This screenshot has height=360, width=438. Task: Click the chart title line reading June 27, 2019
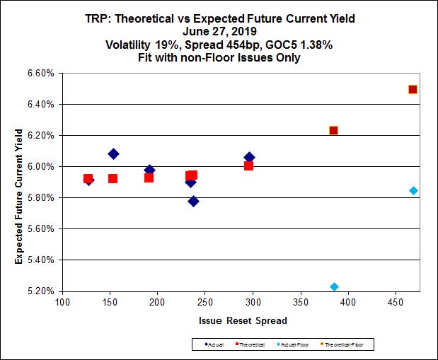coord(219,32)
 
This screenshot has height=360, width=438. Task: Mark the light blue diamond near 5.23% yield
coord(334,286)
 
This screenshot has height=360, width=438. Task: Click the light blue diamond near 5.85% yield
coord(413,190)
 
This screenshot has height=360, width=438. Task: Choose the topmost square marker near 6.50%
coord(413,89)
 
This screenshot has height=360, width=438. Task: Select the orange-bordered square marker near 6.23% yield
coord(333,130)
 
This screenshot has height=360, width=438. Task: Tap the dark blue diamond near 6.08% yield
coord(113,153)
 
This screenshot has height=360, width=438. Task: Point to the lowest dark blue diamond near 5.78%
coord(193,201)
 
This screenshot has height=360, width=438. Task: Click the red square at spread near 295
coord(248,166)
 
